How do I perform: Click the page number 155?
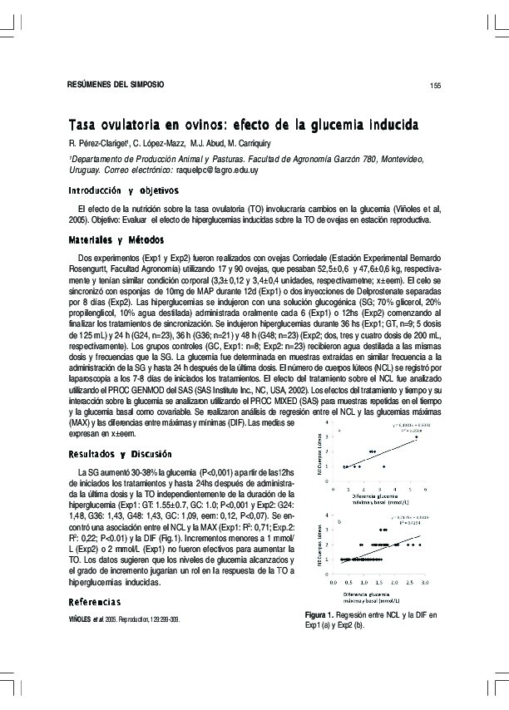(x=433, y=86)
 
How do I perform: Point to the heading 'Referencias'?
(x=94, y=600)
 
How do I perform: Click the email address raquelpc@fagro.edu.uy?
(x=215, y=170)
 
